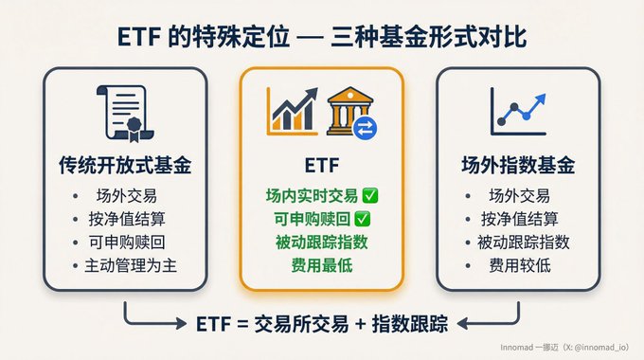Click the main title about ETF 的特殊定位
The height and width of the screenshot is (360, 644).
coord(322,37)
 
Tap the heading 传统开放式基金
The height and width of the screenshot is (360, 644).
coord(125,165)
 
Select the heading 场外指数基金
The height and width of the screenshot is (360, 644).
coord(518,165)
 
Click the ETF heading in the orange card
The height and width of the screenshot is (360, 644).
coord(322,166)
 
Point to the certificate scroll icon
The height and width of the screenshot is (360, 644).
coord(125,114)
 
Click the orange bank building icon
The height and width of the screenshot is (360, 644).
coord(349,110)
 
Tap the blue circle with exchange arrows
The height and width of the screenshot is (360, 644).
coord(365,128)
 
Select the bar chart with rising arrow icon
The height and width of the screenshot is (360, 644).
coord(293,111)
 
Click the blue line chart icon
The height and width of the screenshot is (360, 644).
coord(518,112)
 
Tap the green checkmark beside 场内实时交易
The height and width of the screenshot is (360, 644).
coord(370,195)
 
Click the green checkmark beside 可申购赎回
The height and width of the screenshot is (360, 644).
coord(362,219)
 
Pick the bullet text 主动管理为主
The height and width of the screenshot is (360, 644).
coord(131,266)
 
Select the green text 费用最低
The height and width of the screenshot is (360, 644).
coord(322,265)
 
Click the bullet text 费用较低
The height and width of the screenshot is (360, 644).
coord(520,266)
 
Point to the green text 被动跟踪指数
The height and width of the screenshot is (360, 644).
coord(322,243)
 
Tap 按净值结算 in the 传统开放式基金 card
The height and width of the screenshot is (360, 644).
coord(127,219)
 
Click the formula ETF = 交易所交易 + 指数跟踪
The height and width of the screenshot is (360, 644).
coord(322,324)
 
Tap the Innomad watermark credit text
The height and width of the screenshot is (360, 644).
coord(564,348)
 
